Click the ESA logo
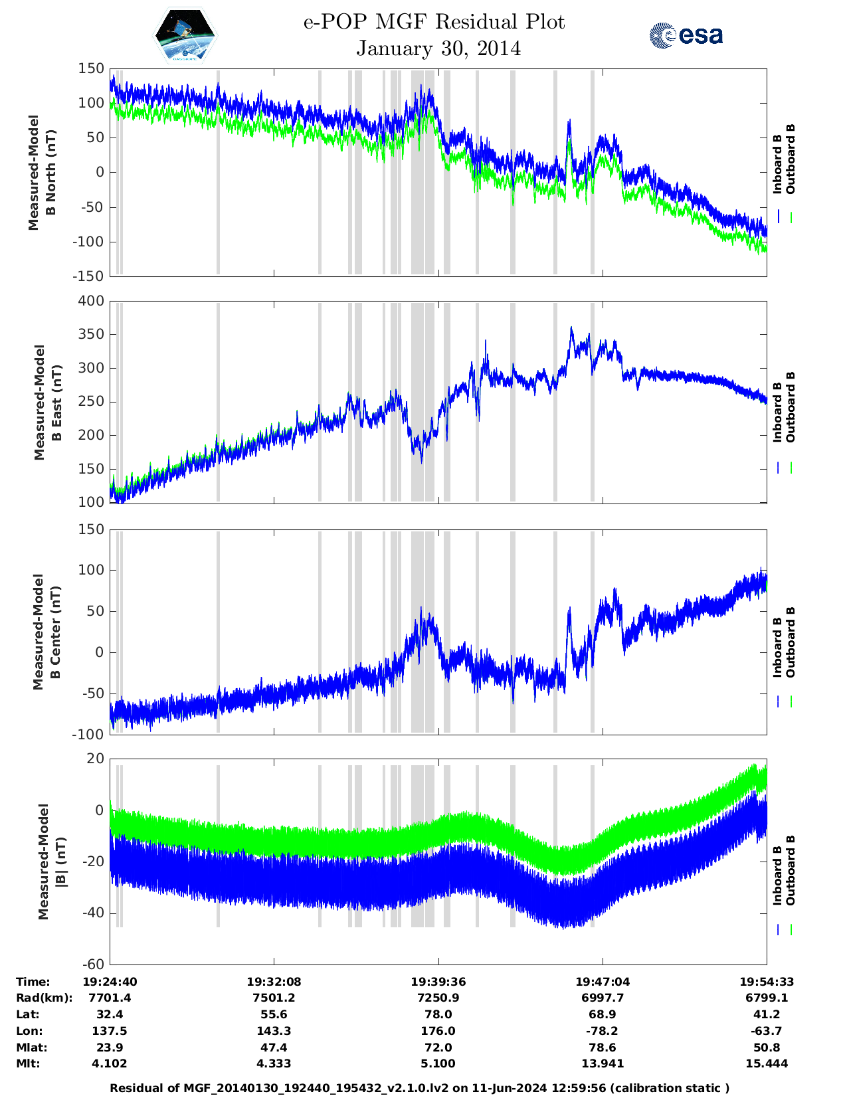686,35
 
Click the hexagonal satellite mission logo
185,35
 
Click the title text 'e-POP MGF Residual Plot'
434,23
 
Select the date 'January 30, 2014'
438,48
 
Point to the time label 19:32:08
274,982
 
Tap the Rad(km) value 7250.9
438,998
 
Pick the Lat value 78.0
438,1014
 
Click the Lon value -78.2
603,1031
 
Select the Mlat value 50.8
767,1048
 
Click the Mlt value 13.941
603,1063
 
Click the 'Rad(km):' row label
44,998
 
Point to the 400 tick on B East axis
92,301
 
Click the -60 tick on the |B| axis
93,964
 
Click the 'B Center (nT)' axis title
56,632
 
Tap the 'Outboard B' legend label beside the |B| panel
790,870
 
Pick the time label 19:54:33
767,982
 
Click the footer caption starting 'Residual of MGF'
419,1087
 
